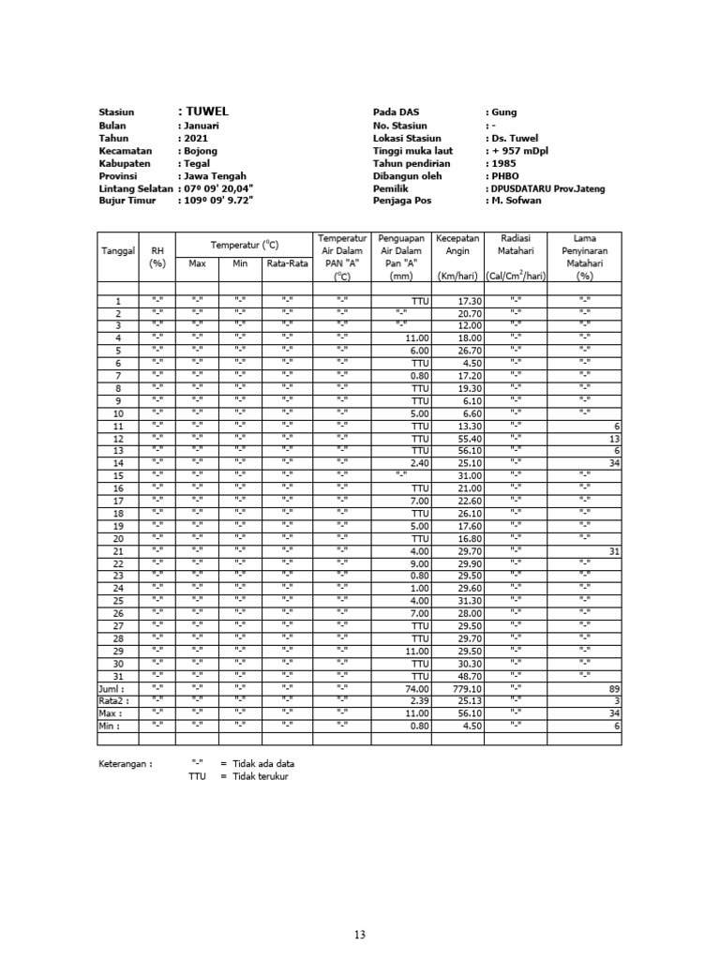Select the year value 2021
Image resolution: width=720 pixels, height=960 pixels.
(196, 138)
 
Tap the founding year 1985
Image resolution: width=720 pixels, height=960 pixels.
(503, 163)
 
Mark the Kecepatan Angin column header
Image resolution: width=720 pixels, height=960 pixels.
(457, 250)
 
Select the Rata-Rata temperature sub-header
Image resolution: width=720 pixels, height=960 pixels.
(287, 263)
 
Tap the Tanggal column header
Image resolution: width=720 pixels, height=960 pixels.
(118, 250)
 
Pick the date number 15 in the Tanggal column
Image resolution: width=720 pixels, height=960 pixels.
(118, 476)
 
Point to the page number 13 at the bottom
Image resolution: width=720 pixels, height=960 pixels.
(360, 934)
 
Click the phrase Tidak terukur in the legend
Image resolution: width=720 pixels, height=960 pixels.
(261, 776)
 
